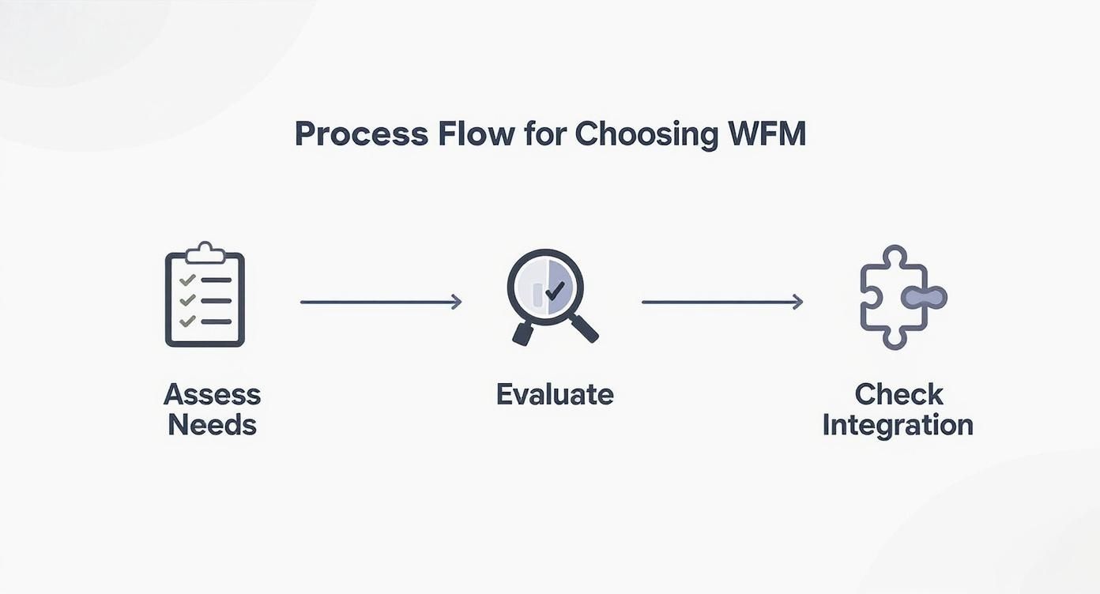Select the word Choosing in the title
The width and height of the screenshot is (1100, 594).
646,134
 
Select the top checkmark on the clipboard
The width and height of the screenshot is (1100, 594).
186,280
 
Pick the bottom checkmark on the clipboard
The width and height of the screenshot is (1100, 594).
186,321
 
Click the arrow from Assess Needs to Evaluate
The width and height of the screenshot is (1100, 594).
381,302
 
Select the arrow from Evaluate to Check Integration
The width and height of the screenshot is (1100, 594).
722,302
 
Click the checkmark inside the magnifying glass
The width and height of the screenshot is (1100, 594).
555,291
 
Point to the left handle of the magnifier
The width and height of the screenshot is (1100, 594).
523,333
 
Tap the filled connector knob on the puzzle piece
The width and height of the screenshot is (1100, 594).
924,298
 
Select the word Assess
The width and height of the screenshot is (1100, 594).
212,394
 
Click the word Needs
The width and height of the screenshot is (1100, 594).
212,425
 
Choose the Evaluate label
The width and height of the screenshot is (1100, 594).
555,394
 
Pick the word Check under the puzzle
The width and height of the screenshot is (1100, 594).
898,394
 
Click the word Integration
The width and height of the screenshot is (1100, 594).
898,425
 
